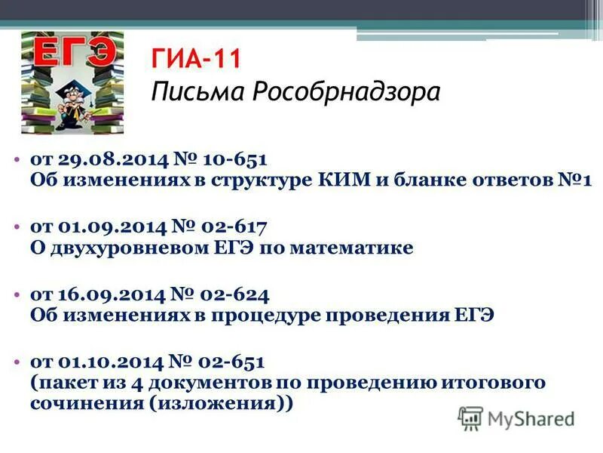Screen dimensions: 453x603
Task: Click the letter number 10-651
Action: tap(233, 160)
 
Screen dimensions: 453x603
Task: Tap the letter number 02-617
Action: tap(233, 226)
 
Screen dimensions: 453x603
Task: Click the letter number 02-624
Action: tap(234, 293)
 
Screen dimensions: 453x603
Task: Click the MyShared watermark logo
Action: tap(516, 418)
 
